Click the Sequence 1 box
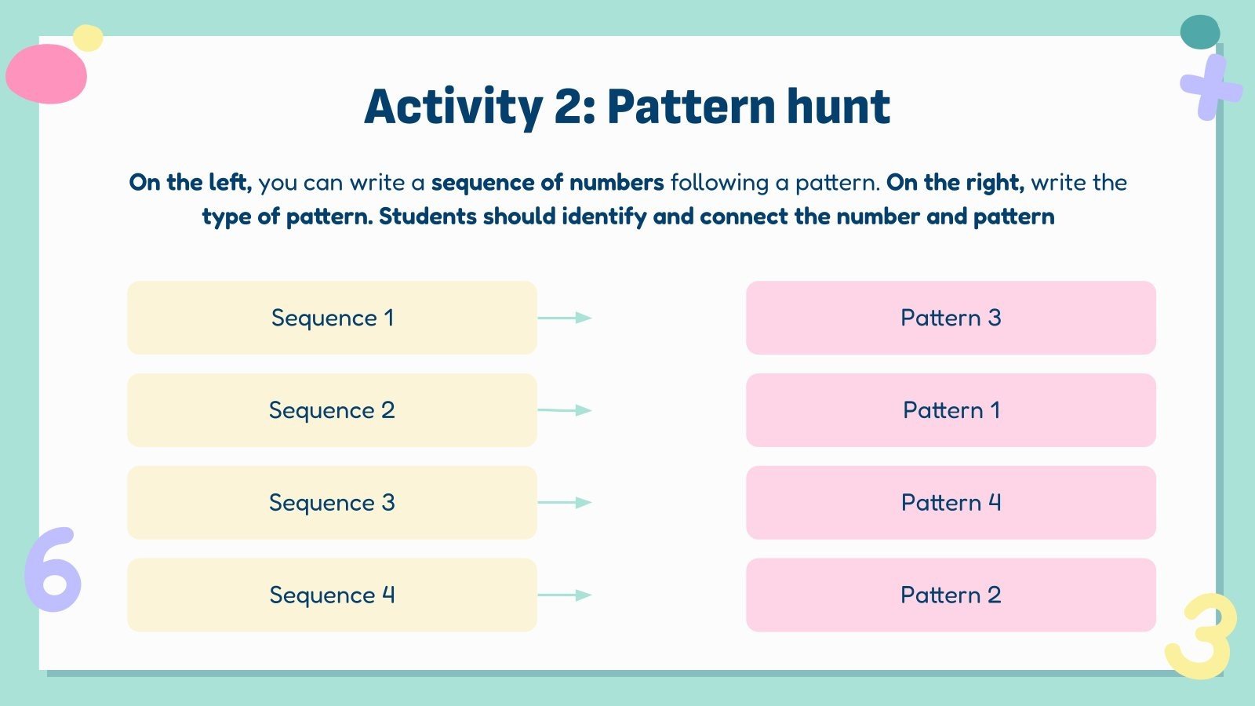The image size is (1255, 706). tap(332, 318)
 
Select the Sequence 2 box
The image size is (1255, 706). tap(332, 410)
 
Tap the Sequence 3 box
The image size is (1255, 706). tap(332, 502)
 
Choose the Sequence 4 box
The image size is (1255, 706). tap(332, 595)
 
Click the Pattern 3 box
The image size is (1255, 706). tap(951, 318)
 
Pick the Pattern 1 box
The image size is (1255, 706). tap(951, 410)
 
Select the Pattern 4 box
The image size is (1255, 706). tap(951, 502)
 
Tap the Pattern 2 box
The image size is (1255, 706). tap(951, 595)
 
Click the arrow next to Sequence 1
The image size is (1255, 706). tap(565, 318)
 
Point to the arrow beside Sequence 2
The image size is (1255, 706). tap(565, 410)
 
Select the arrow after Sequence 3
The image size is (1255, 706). tap(565, 502)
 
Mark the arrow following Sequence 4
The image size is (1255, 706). tap(565, 595)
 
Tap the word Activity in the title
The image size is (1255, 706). tap(453, 107)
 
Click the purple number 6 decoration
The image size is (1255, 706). tap(53, 571)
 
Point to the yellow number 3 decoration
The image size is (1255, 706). tap(1202, 635)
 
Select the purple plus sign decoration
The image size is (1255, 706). tap(1210, 88)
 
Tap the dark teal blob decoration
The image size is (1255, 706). tap(1200, 31)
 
